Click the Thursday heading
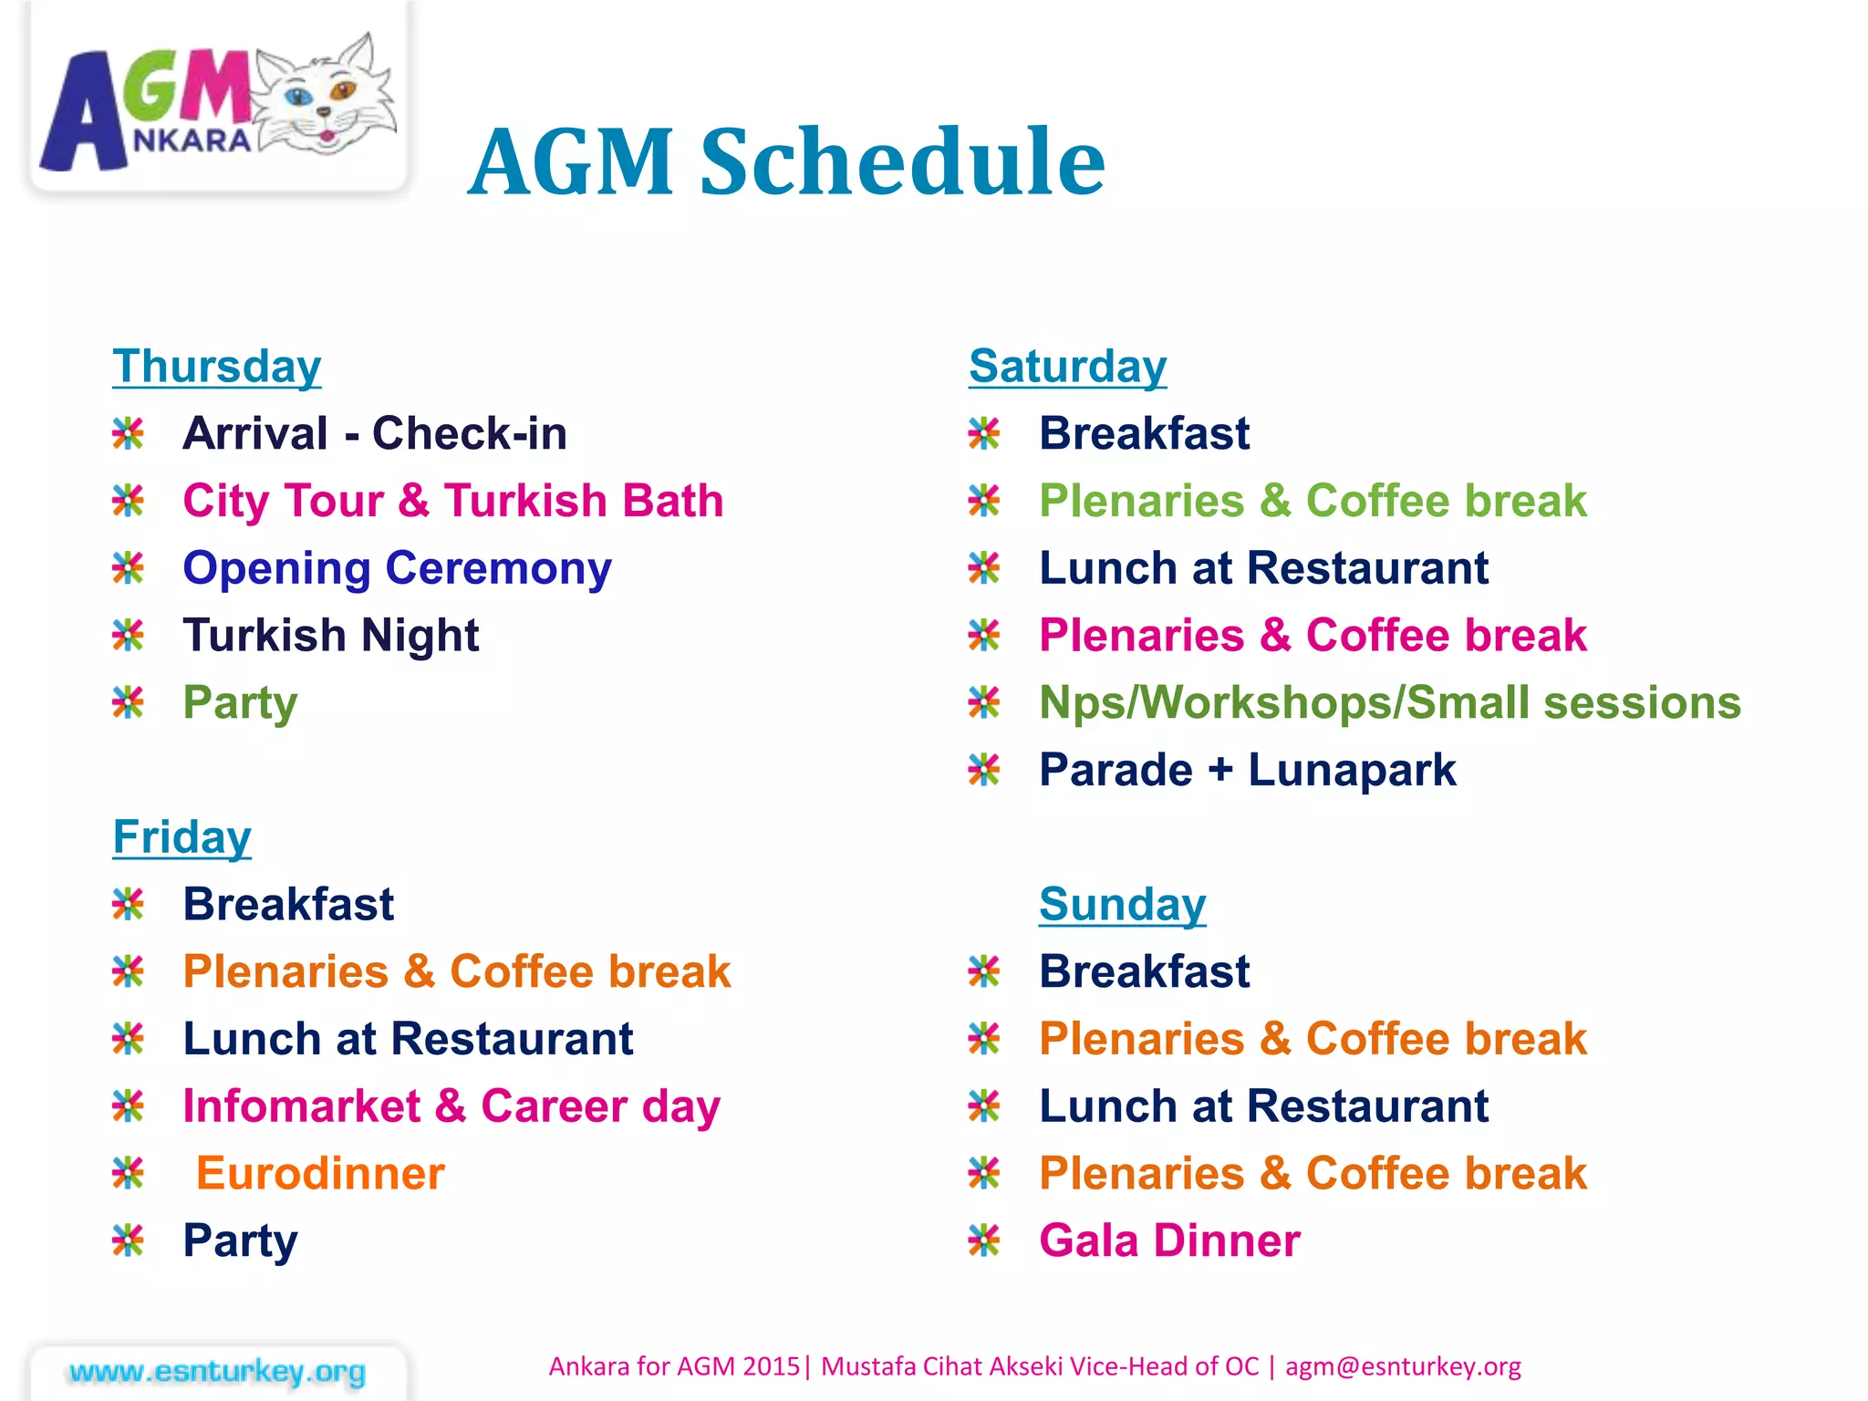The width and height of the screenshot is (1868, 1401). tap(217, 367)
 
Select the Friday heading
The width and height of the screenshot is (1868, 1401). tap(182, 837)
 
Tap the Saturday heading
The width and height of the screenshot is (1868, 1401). tap(1067, 367)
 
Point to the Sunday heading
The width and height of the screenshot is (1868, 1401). tap(1122, 905)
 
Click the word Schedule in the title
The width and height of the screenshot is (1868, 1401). tap(902, 161)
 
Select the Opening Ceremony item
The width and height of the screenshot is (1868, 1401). tap(397, 568)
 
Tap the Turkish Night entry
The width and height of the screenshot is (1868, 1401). tap(330, 636)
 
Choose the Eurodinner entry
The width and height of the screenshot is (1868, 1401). tap(320, 1174)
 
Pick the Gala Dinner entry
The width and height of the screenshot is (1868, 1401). tap(1169, 1241)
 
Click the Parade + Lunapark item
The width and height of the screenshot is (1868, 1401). tap(1247, 771)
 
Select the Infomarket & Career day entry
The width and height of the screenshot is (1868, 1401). tap(451, 1106)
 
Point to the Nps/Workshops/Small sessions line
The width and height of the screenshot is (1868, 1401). tap(1389, 703)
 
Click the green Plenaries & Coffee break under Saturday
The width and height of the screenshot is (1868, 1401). tap(1313, 501)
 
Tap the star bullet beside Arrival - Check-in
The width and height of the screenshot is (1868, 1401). tap(128, 433)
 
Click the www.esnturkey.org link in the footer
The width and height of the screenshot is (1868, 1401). tap(217, 1372)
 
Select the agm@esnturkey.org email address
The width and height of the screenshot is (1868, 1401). tap(1403, 1366)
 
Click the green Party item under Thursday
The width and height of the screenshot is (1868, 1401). tap(240, 703)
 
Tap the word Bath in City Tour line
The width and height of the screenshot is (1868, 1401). tap(673, 501)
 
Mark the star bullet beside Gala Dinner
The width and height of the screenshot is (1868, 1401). tap(984, 1240)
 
